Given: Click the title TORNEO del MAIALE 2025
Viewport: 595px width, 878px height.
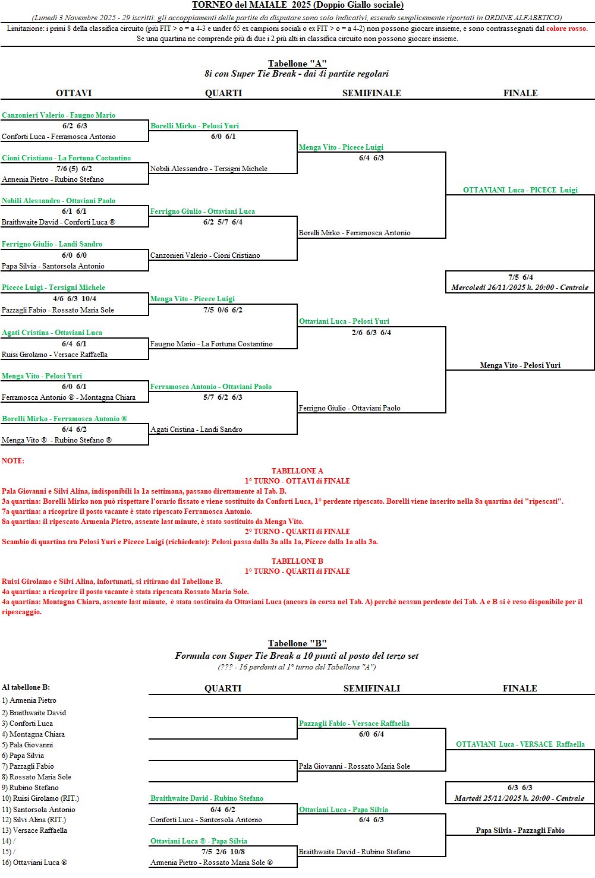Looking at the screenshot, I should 297,5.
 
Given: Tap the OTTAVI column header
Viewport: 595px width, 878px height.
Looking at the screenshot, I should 74,93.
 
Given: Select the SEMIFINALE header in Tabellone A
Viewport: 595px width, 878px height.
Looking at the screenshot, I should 372,93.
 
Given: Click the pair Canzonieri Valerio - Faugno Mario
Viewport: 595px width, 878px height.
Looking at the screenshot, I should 58,115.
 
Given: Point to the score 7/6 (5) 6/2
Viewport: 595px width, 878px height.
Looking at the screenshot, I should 74,169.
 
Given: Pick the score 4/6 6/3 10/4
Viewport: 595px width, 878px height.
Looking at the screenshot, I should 74,299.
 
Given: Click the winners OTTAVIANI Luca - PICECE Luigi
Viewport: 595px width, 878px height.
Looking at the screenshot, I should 520,190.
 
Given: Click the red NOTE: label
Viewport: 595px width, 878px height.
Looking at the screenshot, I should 13,461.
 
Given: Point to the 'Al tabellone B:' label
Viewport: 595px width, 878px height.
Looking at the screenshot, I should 26,687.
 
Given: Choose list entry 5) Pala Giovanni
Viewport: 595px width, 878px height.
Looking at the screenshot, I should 27,745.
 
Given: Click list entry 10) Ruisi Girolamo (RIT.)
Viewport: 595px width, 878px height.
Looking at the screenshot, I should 40,798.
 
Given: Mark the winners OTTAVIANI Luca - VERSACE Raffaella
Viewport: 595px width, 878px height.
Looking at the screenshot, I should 520,744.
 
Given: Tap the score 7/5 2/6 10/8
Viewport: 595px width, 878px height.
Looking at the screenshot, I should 223,852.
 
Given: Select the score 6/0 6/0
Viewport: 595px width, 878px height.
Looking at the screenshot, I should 74,255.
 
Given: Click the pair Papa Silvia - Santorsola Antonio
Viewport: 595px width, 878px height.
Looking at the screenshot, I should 53,266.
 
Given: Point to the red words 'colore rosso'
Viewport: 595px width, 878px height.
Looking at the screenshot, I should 566,29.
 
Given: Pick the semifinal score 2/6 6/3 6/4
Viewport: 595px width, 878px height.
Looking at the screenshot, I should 372,333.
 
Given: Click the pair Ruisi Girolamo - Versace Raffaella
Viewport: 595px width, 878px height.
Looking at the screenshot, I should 55,355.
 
